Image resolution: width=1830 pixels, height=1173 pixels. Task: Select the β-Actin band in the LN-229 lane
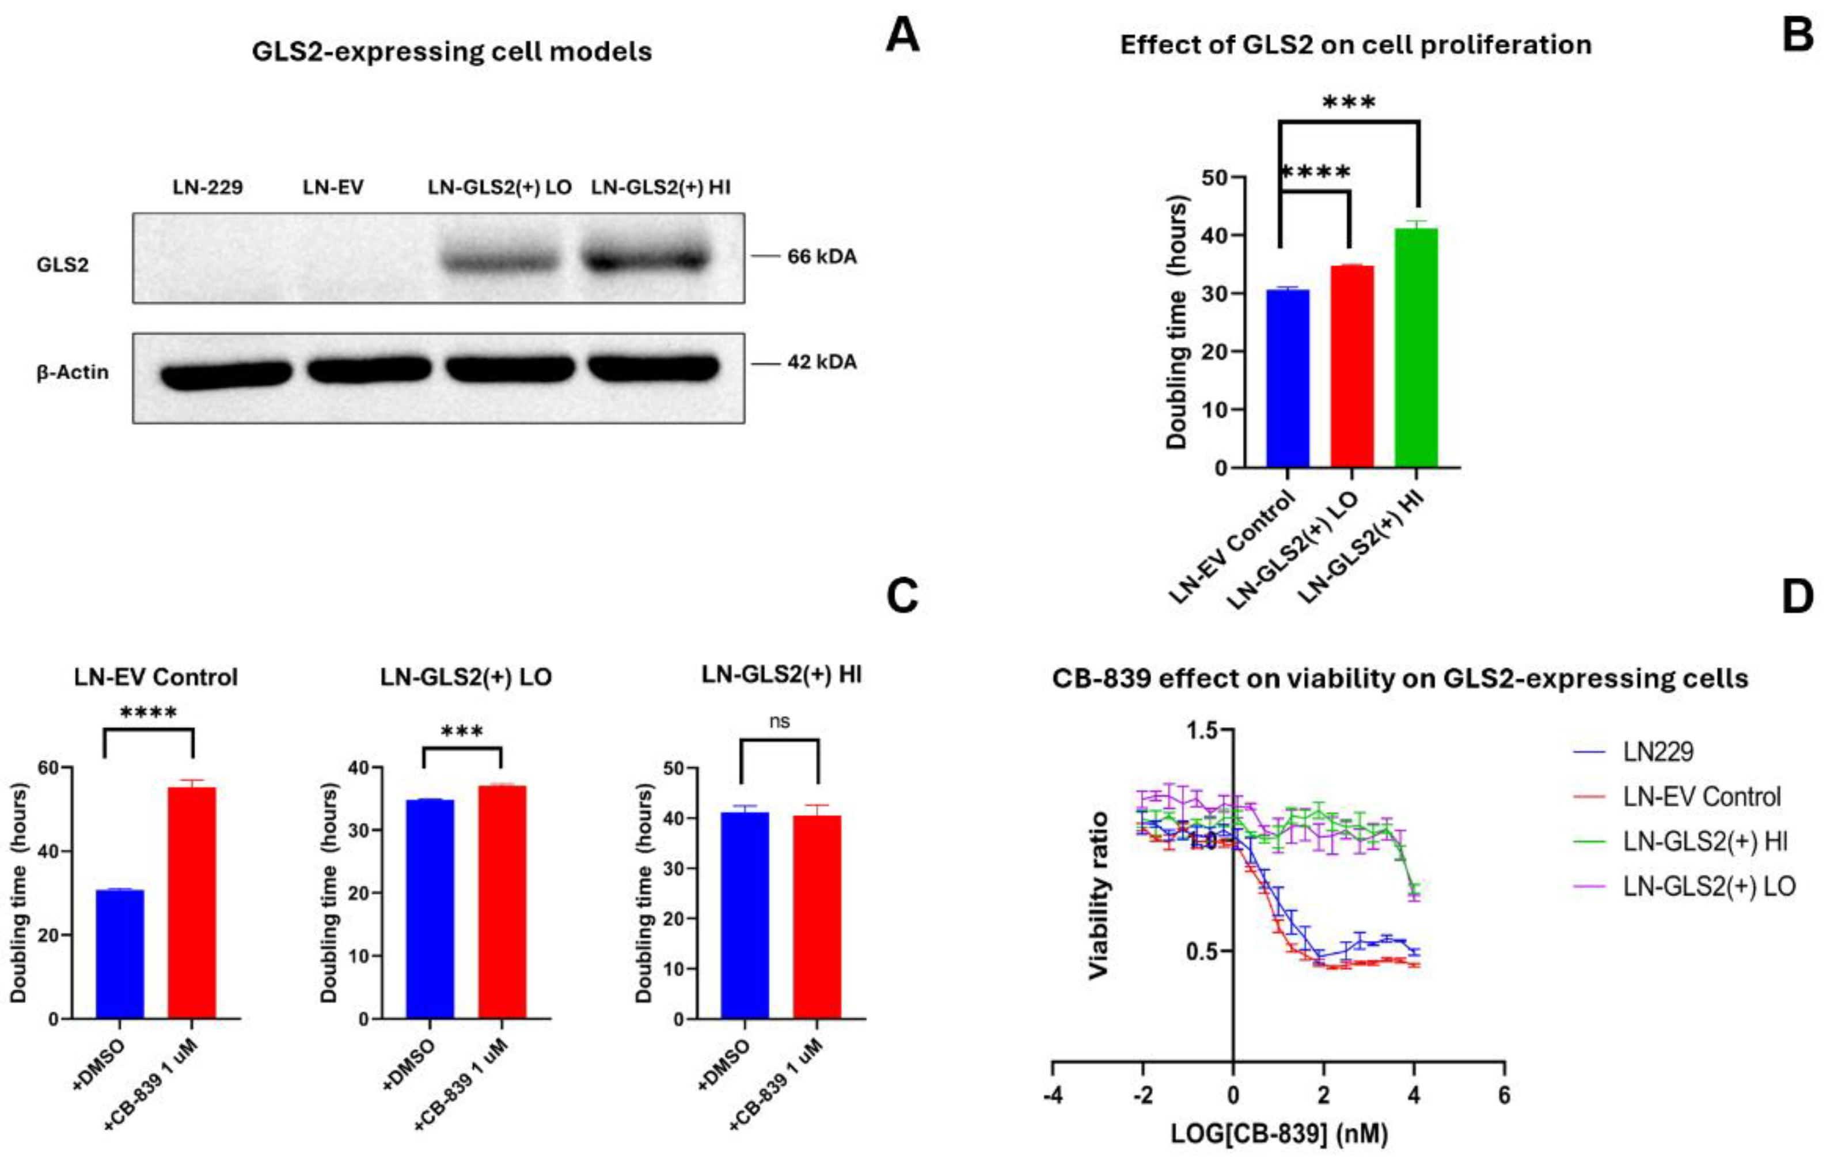[x=226, y=374]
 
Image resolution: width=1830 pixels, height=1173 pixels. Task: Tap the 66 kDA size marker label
[x=821, y=257]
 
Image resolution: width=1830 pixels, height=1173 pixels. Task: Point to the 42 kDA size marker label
[x=821, y=362]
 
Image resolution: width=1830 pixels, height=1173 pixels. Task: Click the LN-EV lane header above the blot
[x=333, y=187]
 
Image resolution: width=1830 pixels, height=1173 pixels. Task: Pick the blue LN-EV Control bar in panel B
[x=1288, y=378]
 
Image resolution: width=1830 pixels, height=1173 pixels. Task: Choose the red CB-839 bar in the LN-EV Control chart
[x=192, y=903]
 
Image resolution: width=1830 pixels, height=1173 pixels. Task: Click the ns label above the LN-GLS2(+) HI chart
[x=780, y=721]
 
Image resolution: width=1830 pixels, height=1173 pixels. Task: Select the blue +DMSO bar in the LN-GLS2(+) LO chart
[x=430, y=908]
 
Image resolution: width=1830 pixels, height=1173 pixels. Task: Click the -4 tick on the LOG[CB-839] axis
[x=1054, y=1095]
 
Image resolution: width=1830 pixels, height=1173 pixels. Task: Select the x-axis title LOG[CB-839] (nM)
[x=1279, y=1134]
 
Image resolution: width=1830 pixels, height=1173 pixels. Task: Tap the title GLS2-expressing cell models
[x=452, y=52]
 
